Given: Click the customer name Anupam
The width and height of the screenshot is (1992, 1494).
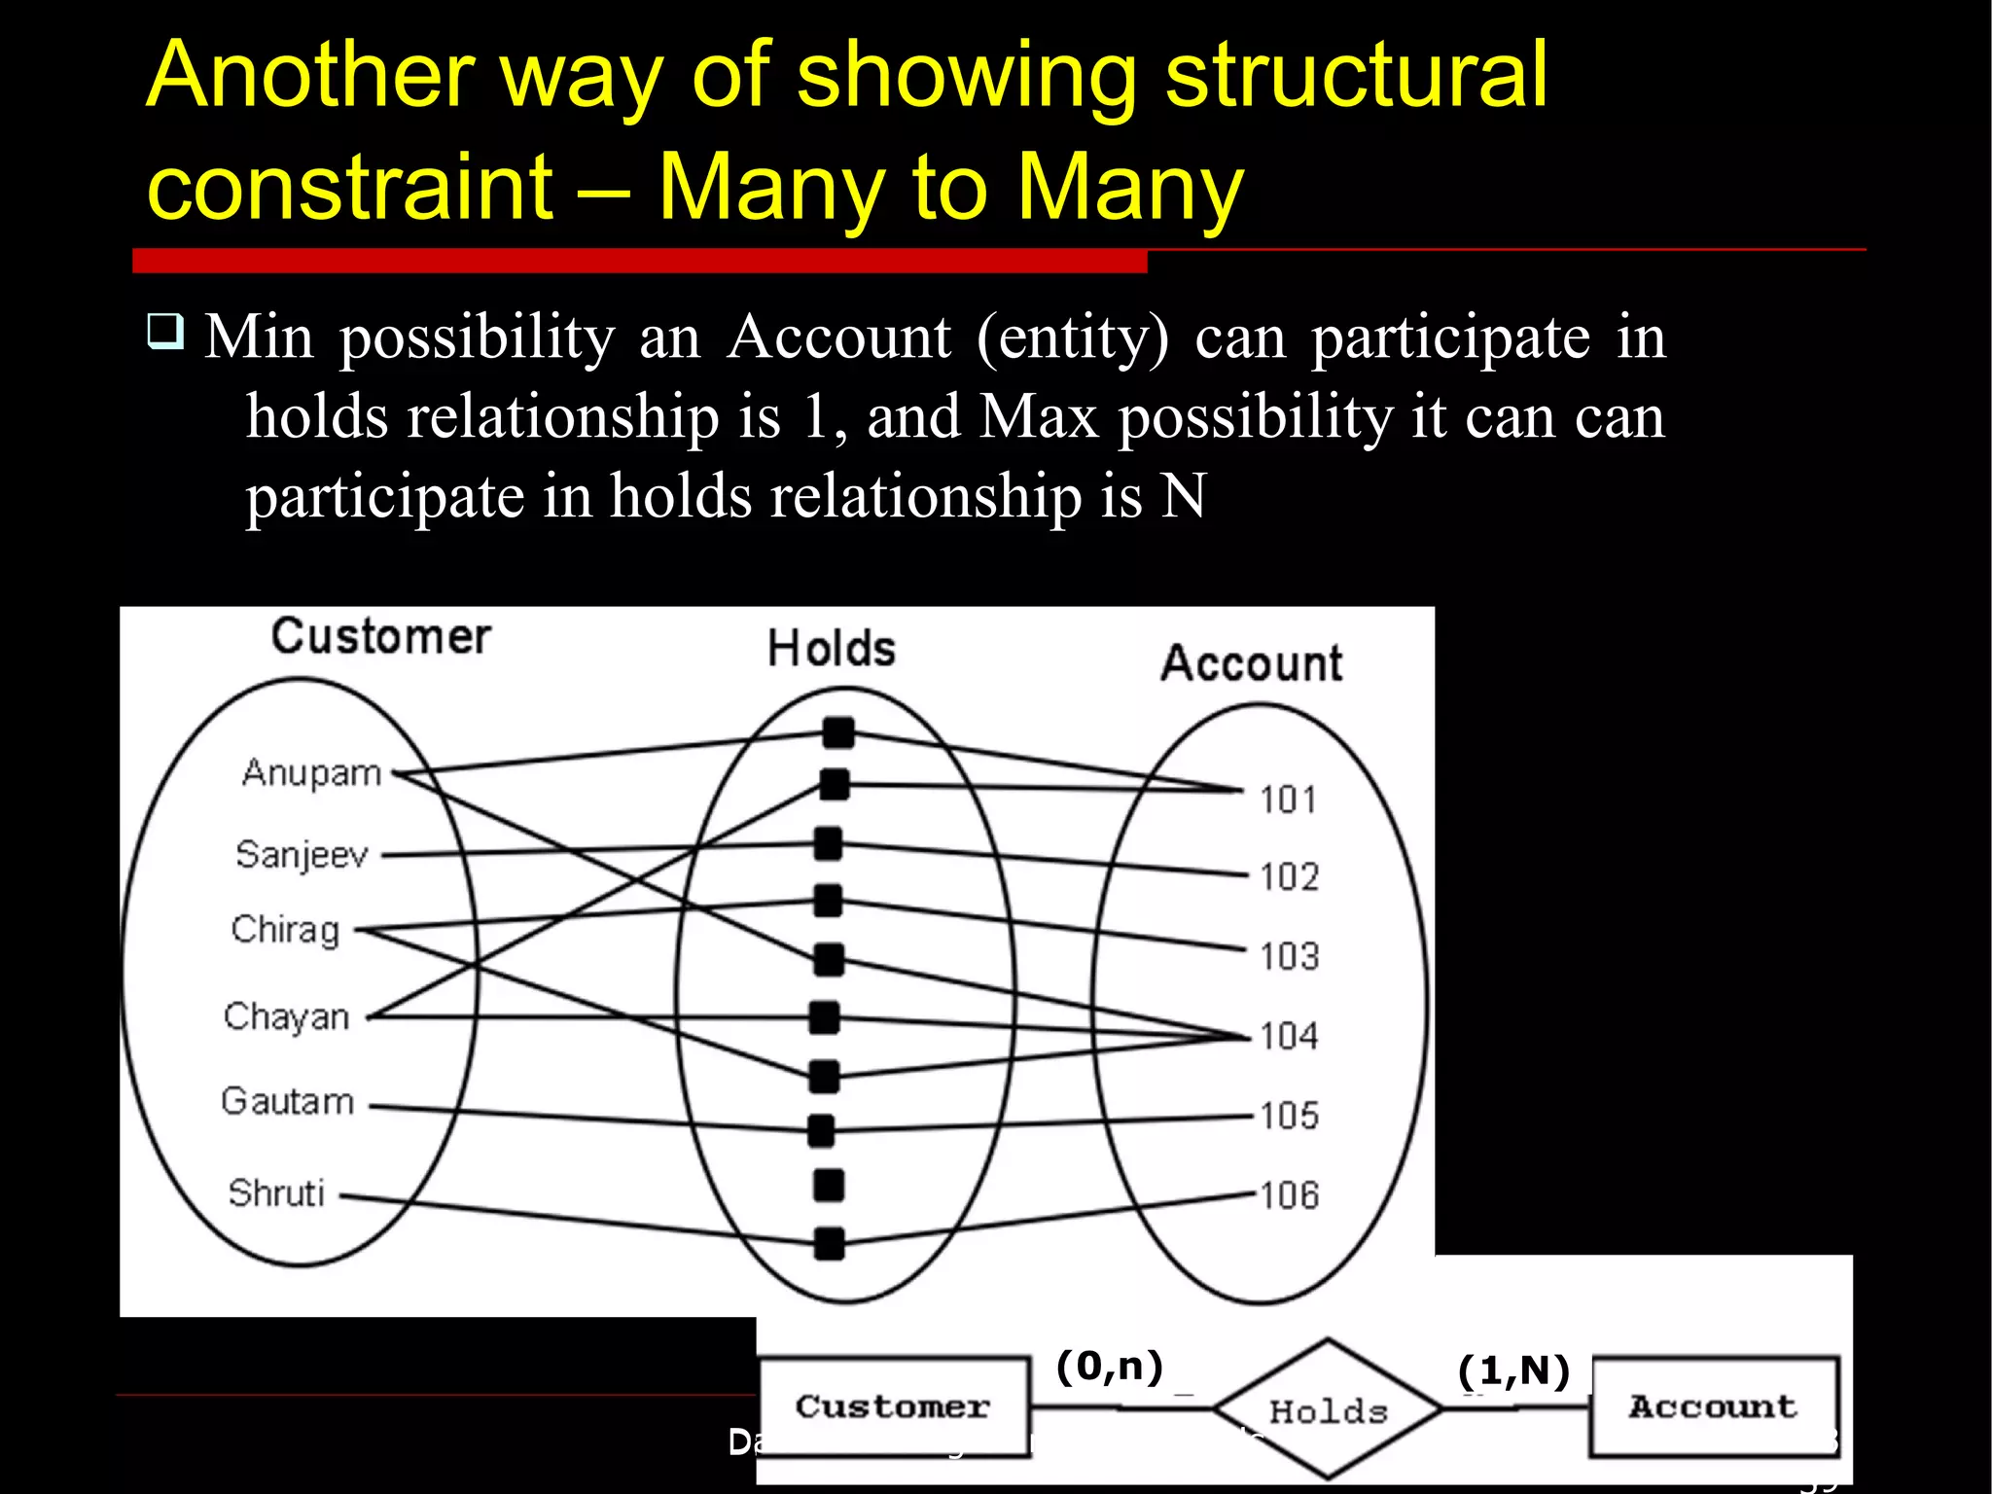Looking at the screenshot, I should click(311, 774).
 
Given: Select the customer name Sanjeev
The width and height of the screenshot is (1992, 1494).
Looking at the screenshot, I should click(302, 855).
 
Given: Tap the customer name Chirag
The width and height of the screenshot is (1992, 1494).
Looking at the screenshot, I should click(285, 930).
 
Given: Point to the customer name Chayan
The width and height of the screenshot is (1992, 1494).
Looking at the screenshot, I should click(286, 1016).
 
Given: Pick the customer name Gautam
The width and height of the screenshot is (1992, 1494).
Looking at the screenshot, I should click(287, 1102).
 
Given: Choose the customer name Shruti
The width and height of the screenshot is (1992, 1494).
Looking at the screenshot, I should click(276, 1192).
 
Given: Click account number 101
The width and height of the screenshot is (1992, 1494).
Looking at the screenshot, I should click(1288, 800).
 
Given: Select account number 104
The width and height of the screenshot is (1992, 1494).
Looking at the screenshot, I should click(1289, 1036).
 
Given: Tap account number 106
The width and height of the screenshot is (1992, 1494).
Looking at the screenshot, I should click(1289, 1195).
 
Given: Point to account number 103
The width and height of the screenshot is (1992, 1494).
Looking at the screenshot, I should click(1289, 957).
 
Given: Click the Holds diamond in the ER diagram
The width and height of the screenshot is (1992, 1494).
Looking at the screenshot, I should click(1328, 1409).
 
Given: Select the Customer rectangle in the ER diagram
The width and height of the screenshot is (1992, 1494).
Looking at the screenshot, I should click(893, 1406).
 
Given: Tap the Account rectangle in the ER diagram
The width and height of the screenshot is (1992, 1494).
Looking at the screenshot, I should click(1713, 1406).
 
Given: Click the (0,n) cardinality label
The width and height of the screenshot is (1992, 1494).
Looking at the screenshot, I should click(1110, 1367).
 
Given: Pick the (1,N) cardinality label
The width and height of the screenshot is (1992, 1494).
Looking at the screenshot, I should click(1513, 1370).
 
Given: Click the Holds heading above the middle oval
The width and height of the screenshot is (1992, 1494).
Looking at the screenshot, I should click(831, 649).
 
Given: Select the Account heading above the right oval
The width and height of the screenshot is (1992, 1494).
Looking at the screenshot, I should click(1251, 663).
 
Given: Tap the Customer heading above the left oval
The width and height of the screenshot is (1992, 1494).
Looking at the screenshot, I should click(380, 637).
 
